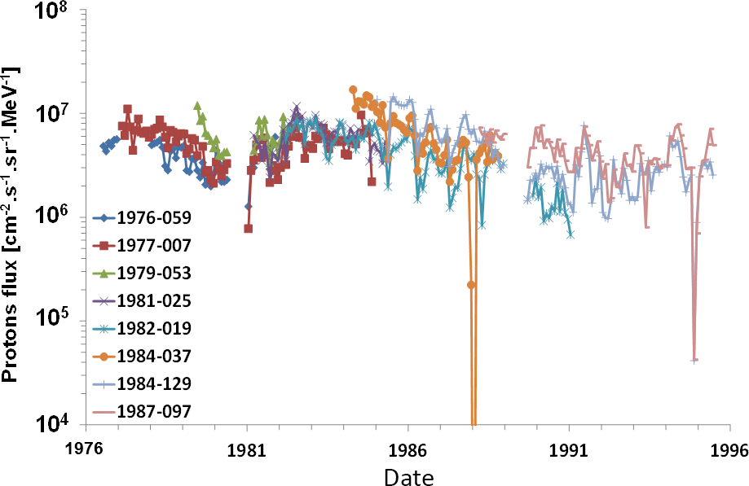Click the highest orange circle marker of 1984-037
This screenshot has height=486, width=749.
(x=353, y=90)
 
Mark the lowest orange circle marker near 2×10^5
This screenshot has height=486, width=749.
(x=471, y=284)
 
